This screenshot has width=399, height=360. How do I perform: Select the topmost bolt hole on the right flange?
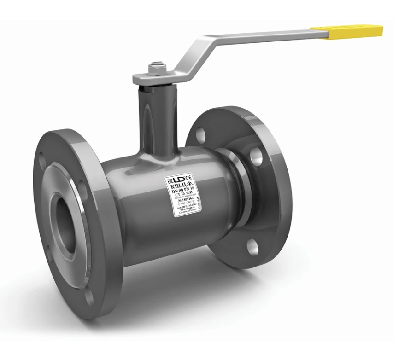200,134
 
